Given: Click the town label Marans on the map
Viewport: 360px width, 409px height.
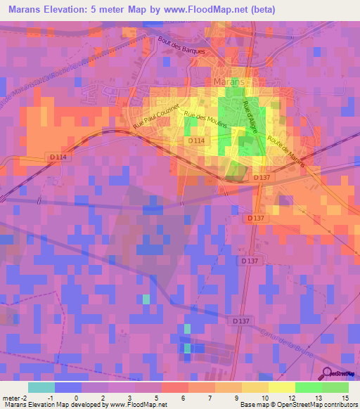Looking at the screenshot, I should click(228, 82).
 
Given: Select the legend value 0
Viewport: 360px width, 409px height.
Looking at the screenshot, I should click(76, 397).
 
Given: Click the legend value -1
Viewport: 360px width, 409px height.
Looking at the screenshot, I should click(49, 397).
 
